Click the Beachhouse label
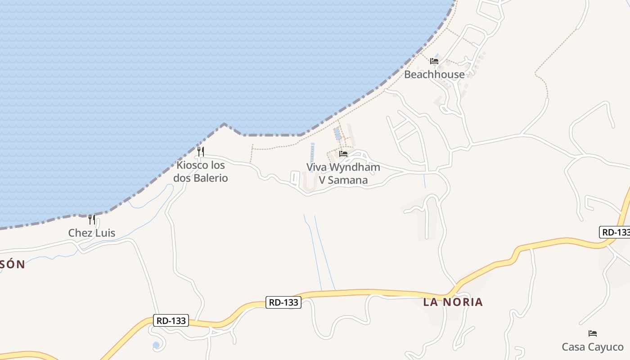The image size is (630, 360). pyautogui.click(x=434, y=74)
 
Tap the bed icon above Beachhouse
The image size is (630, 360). pyautogui.click(x=434, y=61)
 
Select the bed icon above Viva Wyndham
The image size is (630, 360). pyautogui.click(x=343, y=154)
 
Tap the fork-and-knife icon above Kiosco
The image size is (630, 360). pyautogui.click(x=201, y=152)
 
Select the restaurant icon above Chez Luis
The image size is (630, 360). pyautogui.click(x=92, y=220)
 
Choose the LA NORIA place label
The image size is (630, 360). pyautogui.click(x=453, y=302)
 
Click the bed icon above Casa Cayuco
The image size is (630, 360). pyautogui.click(x=593, y=333)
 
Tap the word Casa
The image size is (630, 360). pyautogui.click(x=571, y=347)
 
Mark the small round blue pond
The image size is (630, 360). pyautogui.click(x=156, y=345)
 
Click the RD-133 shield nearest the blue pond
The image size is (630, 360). pyautogui.click(x=171, y=320)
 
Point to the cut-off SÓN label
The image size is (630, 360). pyautogui.click(x=12, y=265)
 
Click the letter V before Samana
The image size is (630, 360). pyautogui.click(x=322, y=180)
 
